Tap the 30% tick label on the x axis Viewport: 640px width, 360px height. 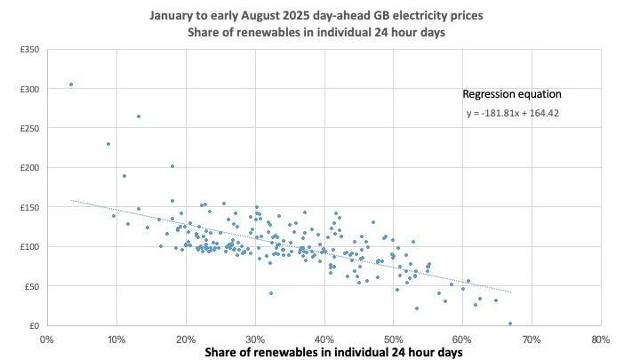(x=255, y=339)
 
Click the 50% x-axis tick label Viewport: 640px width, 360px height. (x=394, y=339)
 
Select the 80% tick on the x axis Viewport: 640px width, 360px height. (x=601, y=339)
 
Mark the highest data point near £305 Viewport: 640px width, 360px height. (x=71, y=84)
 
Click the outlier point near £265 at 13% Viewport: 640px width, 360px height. (x=139, y=116)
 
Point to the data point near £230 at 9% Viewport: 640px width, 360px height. (x=108, y=144)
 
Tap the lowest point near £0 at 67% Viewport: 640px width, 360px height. (x=509, y=324)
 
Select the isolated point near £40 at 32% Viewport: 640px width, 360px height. (x=271, y=293)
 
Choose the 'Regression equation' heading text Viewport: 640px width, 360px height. (x=511, y=93)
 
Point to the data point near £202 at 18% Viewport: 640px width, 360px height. (x=172, y=166)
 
